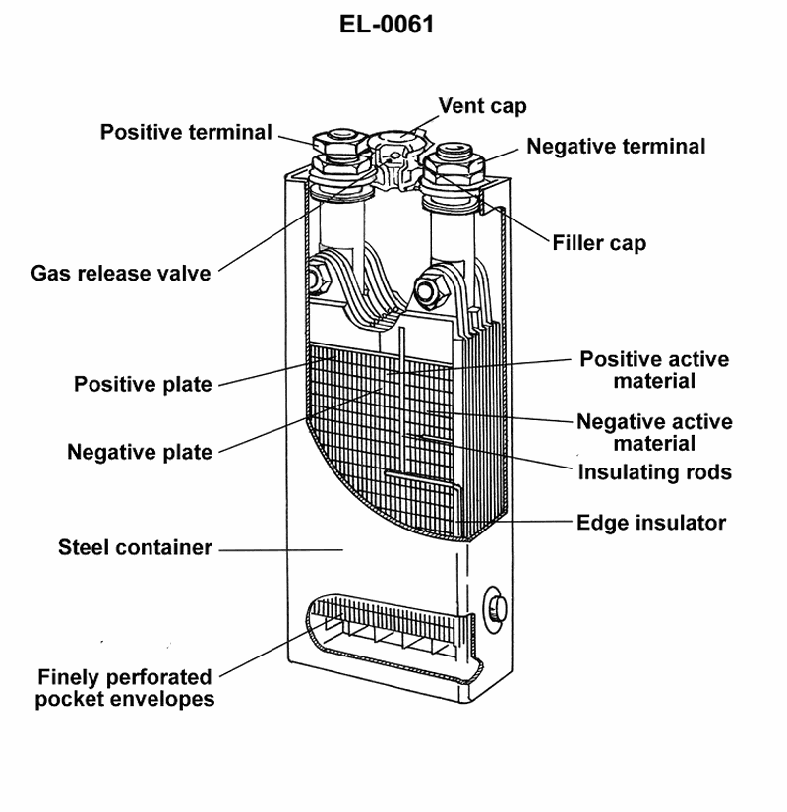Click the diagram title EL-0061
click(387, 25)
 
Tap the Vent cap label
click(482, 105)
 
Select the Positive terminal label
click(186, 132)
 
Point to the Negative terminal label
click(616, 147)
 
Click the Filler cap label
click(599, 242)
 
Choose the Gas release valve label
click(121, 273)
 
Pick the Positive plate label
click(143, 384)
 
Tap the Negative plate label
click(140, 453)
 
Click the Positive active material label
click(654, 369)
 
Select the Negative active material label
click(654, 432)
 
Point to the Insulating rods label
click(654, 472)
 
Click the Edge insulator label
click(651, 522)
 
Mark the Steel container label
click(136, 547)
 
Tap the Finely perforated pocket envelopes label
click(125, 688)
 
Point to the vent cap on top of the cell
click(397, 146)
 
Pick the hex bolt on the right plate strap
click(428, 290)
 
